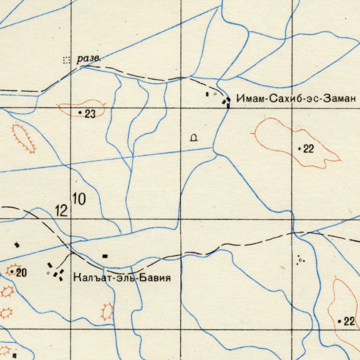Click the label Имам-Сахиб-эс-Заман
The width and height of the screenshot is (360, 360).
click(x=297, y=99)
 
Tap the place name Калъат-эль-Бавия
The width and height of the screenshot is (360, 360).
click(x=122, y=277)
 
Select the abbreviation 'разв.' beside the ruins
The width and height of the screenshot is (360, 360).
click(x=88, y=59)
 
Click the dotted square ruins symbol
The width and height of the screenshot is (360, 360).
click(x=66, y=60)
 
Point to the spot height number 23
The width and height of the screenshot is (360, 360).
click(x=90, y=113)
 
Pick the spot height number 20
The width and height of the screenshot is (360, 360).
click(x=21, y=272)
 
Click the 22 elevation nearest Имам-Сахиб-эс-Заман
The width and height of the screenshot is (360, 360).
click(x=308, y=150)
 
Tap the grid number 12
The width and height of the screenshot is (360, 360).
click(x=61, y=211)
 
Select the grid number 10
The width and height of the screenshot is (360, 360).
click(x=79, y=199)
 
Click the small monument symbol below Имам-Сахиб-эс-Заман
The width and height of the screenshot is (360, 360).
click(x=194, y=138)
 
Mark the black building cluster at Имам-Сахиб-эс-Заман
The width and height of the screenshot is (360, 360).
click(x=227, y=102)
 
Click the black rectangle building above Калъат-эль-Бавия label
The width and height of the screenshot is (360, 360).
click(x=105, y=256)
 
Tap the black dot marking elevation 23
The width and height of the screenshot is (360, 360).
click(x=80, y=112)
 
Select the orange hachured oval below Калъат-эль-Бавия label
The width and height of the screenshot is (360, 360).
click(x=107, y=311)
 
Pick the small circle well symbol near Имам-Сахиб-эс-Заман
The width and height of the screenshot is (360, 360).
click(x=215, y=94)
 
